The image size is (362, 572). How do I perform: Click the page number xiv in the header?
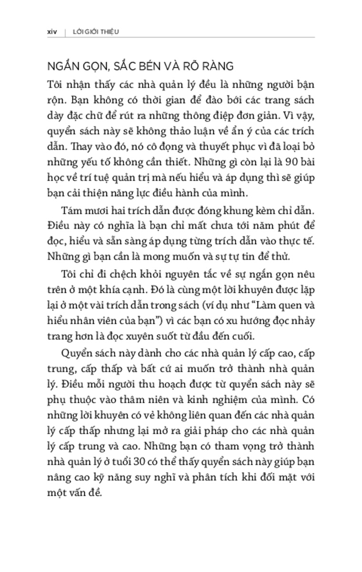47,31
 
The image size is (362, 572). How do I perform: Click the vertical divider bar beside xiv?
65,31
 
